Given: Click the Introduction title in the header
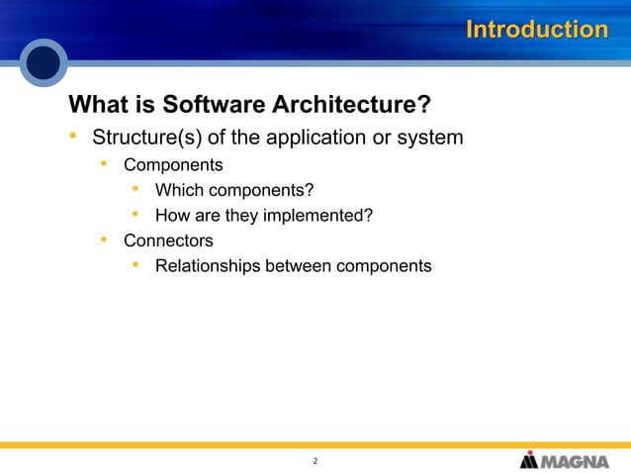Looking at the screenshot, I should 536,30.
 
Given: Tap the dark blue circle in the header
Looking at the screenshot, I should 44,63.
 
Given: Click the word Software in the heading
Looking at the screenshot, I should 211,105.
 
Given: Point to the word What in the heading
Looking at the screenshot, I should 100,105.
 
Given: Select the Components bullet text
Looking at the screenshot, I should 173,165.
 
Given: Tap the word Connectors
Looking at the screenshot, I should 168,240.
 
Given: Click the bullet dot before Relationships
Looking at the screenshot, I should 135,264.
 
